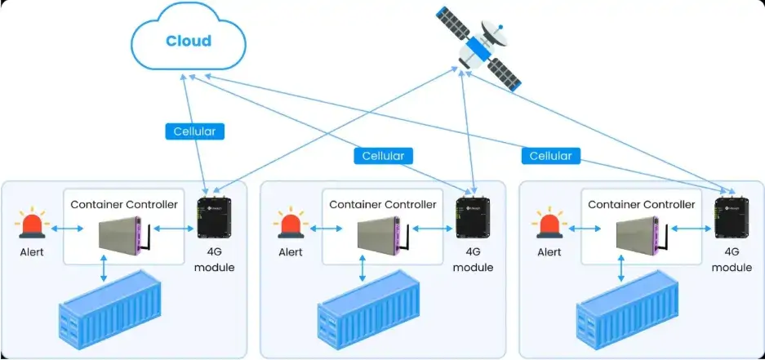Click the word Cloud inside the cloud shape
pyautogui.click(x=188, y=41)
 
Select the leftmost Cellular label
pyautogui.click(x=194, y=131)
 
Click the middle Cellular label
pyautogui.click(x=383, y=154)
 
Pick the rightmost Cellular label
pyautogui.click(x=550, y=155)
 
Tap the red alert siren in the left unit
pyautogui.click(x=32, y=224)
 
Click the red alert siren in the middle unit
pyautogui.click(x=291, y=224)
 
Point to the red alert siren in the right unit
pyautogui.click(x=549, y=224)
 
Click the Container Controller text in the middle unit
pyautogui.click(x=382, y=204)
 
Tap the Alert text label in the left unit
pyautogui.click(x=32, y=252)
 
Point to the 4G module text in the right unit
pyautogui.click(x=732, y=260)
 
